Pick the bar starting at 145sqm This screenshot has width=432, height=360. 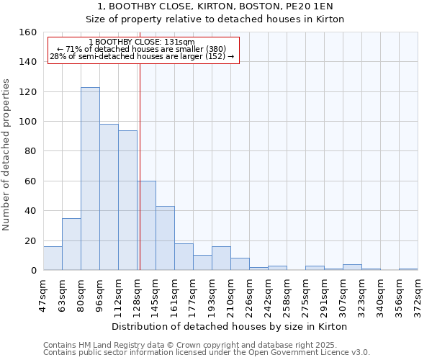coord(165,238)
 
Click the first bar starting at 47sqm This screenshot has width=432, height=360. coord(53,258)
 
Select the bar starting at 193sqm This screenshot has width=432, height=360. coord(221,258)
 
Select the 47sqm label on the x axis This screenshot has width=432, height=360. coord(43,294)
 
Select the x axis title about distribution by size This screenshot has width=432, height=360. coord(230,327)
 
